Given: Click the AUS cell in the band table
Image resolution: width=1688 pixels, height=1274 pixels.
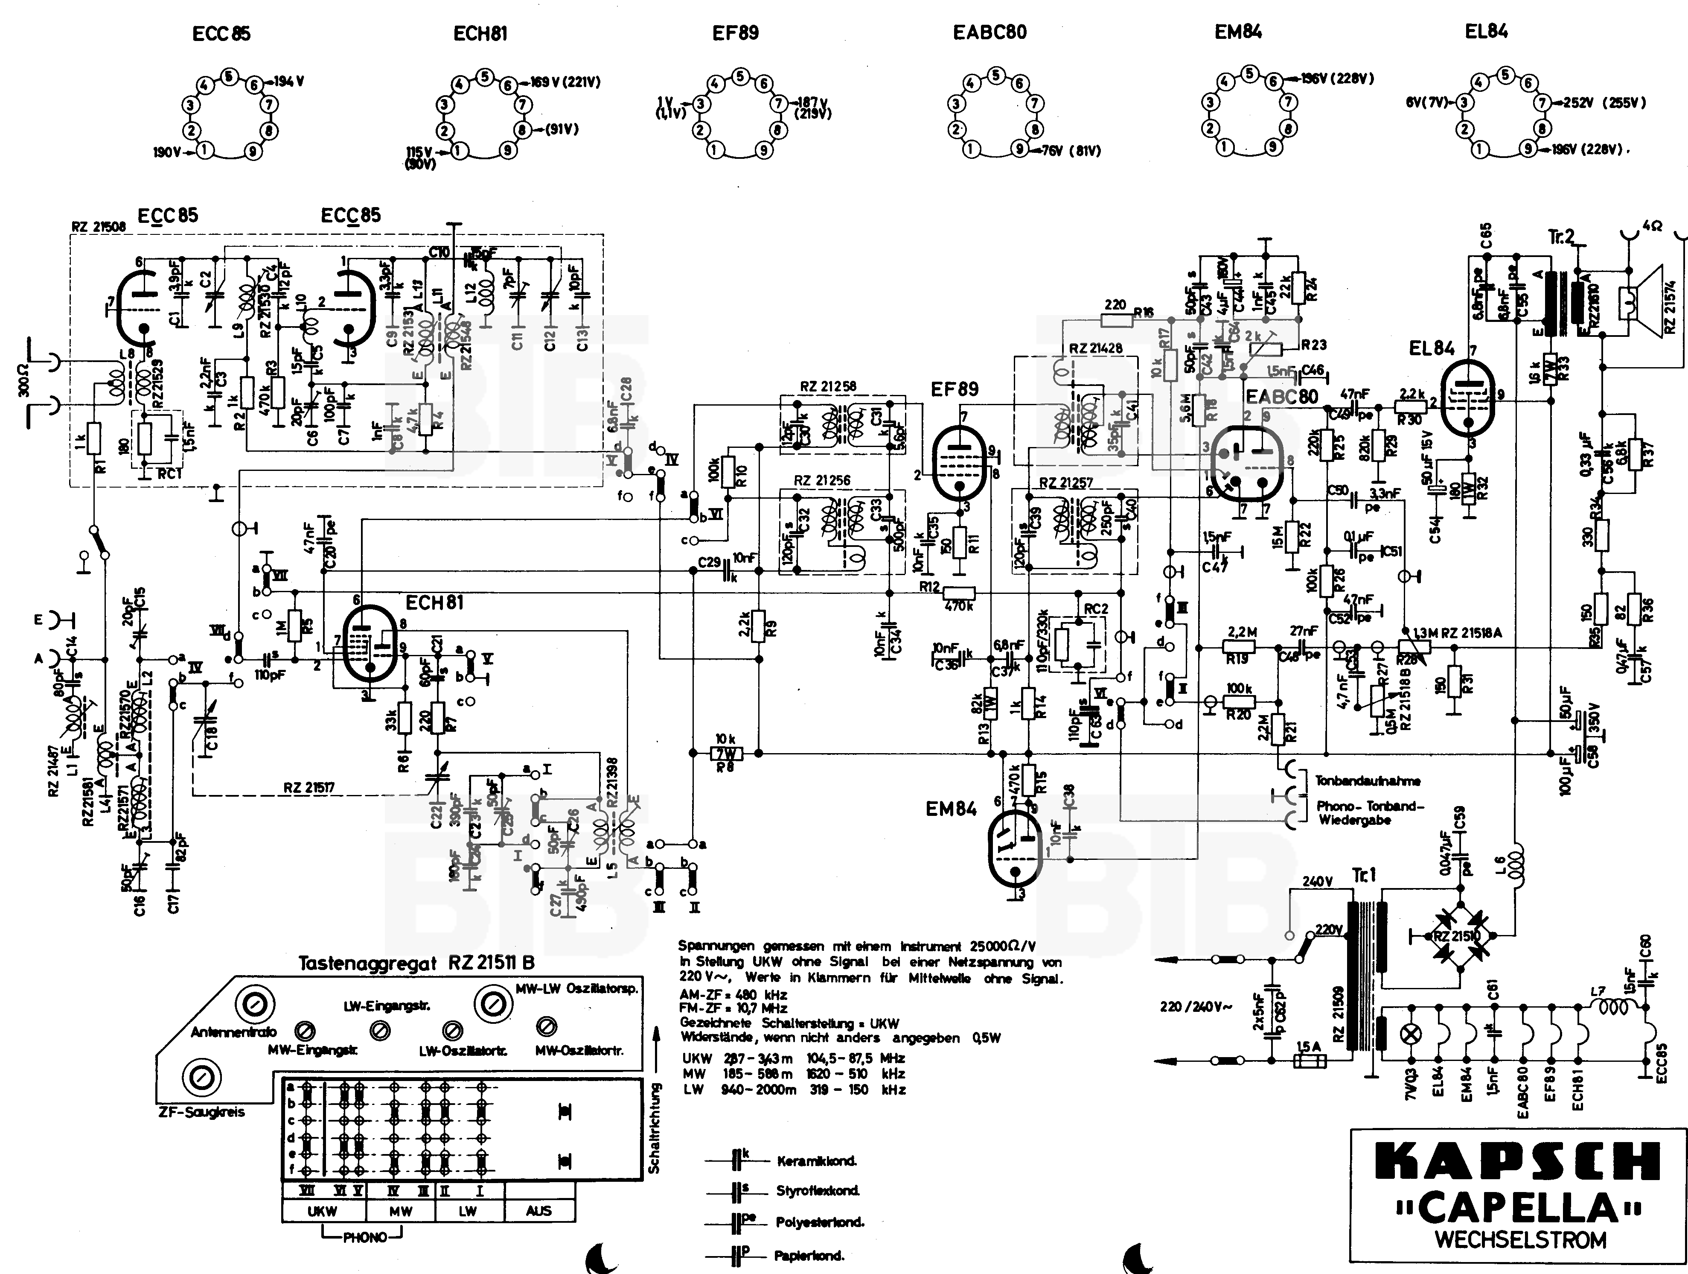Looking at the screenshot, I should [x=539, y=1211].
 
